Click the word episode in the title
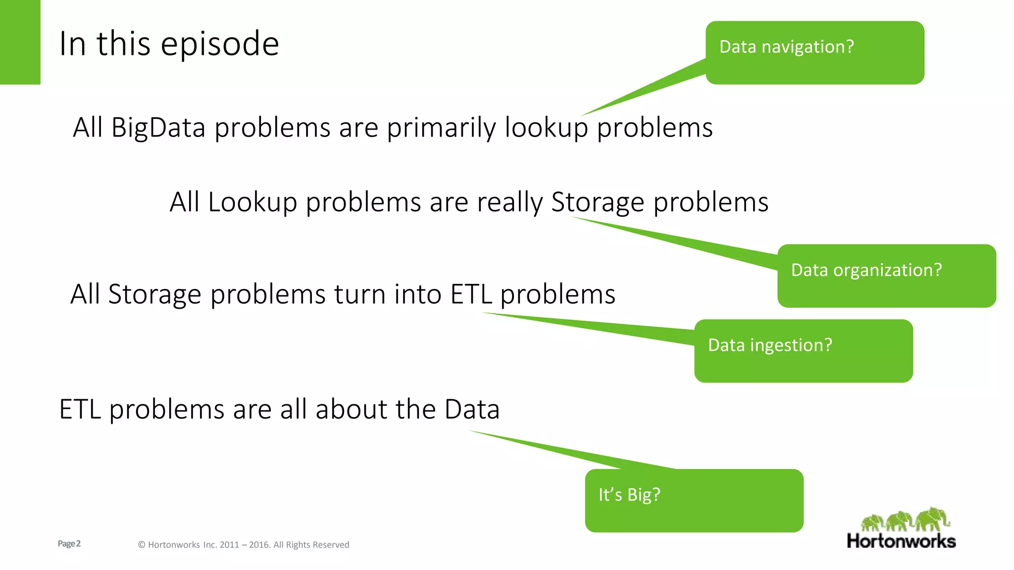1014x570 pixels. tap(220, 45)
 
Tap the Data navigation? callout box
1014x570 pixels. tap(814, 52)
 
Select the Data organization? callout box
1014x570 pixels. tap(886, 276)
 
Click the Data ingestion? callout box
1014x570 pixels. tap(803, 350)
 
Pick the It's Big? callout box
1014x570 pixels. tap(694, 500)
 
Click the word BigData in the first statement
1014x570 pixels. tap(158, 128)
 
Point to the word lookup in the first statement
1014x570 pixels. tap(546, 128)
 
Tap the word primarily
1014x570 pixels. tap(441, 128)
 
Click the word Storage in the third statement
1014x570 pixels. tap(154, 294)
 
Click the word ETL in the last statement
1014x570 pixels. tap(80, 410)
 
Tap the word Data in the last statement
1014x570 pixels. tap(472, 410)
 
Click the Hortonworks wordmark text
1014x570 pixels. tap(901, 541)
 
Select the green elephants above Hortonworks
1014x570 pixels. tap(905, 520)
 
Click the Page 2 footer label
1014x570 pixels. tap(69, 544)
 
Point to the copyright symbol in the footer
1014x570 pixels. tap(142, 545)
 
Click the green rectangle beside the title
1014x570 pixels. tap(20, 42)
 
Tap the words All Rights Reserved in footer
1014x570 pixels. tap(311, 545)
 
